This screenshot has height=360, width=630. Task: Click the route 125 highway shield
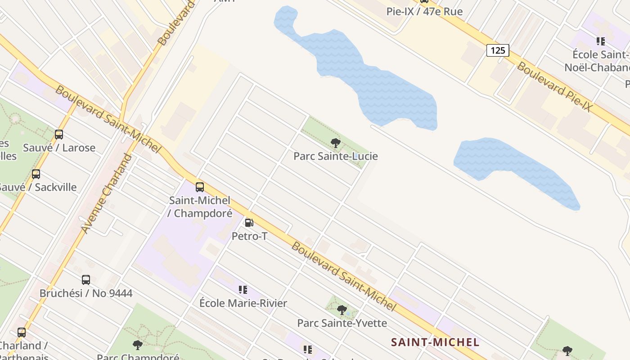497,50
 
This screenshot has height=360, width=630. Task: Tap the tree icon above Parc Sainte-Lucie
335,143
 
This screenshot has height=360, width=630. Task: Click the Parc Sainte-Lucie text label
335,156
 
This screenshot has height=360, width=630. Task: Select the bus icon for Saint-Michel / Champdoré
200,187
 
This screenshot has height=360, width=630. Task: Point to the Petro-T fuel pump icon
249,223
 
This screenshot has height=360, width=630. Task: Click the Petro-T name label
249,236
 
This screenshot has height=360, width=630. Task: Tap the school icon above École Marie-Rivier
243,290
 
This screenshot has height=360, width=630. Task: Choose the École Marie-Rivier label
243,303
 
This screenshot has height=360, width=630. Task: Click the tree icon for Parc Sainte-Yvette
342,310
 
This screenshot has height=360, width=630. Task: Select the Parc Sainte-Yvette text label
342,323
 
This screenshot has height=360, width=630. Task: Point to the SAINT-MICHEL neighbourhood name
435,342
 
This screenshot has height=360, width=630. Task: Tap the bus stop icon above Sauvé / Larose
59,134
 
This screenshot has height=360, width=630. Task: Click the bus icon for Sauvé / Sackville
36,174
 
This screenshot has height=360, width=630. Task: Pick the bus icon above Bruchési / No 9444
86,280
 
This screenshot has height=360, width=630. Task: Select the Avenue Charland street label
107,194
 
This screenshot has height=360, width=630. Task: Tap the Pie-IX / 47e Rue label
424,12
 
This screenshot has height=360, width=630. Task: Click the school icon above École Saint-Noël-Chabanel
600,41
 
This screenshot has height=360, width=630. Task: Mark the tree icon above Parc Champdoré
138,345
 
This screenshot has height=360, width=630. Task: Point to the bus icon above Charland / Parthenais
22,333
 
